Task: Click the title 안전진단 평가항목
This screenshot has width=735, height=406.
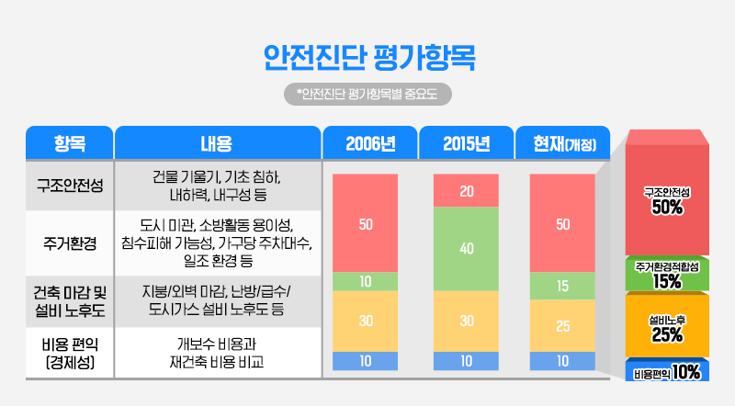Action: (367, 56)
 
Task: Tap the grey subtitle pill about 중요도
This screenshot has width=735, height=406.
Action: (367, 93)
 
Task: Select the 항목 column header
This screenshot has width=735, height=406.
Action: (70, 143)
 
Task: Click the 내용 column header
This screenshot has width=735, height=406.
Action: (217, 143)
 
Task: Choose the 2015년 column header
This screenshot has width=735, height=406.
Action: (466, 143)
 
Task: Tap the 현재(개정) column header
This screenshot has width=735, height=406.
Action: (564, 143)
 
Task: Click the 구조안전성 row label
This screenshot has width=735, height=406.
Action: (70, 186)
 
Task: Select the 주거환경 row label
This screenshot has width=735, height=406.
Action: (70, 242)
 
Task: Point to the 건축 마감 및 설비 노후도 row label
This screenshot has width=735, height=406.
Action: (70, 301)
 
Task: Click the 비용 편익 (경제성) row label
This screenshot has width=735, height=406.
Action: (70, 353)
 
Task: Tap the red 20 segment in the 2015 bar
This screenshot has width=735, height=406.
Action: (466, 191)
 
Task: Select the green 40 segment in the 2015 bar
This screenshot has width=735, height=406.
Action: (466, 248)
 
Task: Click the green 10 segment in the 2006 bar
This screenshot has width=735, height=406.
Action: (366, 281)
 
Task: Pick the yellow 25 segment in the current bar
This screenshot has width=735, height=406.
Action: (563, 325)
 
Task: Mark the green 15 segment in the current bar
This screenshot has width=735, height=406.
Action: (563, 286)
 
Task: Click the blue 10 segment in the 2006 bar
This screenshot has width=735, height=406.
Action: (366, 361)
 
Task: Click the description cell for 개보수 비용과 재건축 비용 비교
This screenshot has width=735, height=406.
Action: (217, 353)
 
